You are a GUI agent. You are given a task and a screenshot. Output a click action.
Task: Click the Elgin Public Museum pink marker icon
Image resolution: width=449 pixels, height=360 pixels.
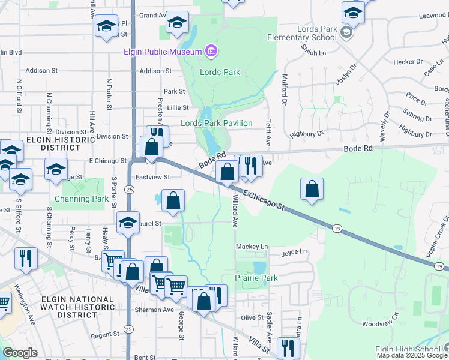pyautogui.click(x=211, y=52)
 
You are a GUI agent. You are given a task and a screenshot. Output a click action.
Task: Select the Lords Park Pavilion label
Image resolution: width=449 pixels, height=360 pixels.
pyautogui.click(x=217, y=123)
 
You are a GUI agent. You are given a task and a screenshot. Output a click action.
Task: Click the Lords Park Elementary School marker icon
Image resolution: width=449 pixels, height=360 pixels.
pyautogui.click(x=346, y=32)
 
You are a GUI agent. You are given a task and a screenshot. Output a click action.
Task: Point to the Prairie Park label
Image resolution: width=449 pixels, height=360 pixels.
pyautogui.click(x=256, y=278)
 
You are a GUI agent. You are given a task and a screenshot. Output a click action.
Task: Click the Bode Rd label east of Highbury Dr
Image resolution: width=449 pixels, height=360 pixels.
pyautogui.click(x=358, y=148)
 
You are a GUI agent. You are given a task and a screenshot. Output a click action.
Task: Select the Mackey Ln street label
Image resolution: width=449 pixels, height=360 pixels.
pyautogui.click(x=252, y=247)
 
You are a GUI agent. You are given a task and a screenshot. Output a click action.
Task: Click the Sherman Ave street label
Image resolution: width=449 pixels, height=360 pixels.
pyautogui.click(x=157, y=310)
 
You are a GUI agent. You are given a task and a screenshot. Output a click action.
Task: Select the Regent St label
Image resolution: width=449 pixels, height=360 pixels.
pyautogui.click(x=106, y=335)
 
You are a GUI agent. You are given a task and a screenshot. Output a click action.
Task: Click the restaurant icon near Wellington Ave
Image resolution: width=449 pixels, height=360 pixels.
pyautogui.click(x=26, y=257)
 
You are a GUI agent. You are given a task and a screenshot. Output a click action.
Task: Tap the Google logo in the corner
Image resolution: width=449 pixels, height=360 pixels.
pyautogui.click(x=20, y=353)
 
